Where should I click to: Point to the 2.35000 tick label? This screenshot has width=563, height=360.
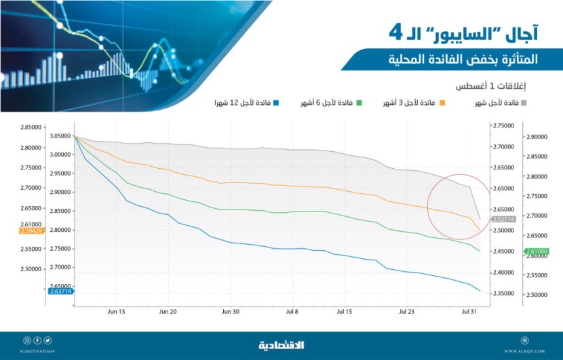502,294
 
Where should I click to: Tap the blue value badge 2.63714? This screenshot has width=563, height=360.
60,292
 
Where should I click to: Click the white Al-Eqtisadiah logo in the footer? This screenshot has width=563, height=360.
281,345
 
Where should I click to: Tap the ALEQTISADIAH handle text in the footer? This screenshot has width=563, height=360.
37,351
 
